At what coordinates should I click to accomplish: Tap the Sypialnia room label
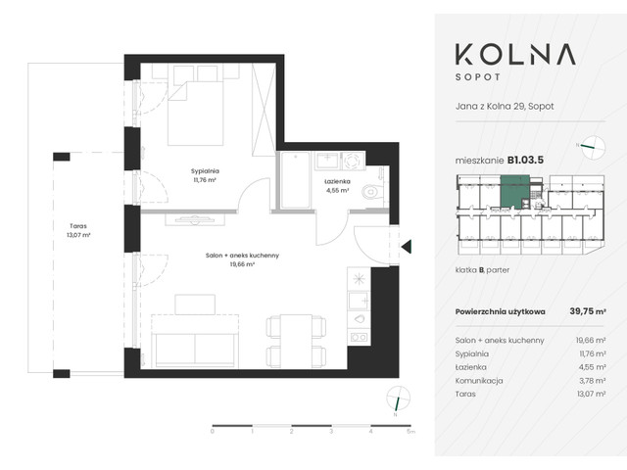click(x=205, y=174)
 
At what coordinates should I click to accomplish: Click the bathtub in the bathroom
click(x=294, y=183)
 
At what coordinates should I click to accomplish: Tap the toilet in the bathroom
click(x=372, y=193)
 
